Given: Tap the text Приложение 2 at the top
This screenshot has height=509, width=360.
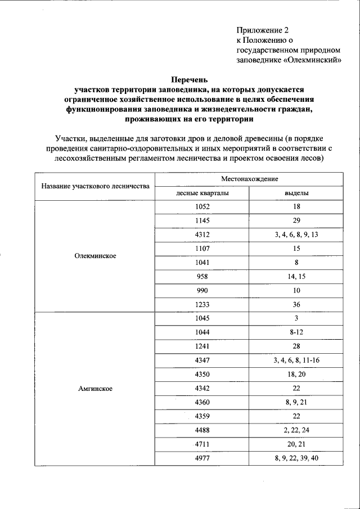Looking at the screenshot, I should (262, 30).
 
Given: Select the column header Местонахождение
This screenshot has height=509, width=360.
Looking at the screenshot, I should (249, 178).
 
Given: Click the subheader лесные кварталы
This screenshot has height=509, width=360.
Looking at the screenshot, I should (202, 193).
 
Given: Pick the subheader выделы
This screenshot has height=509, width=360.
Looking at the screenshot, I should (296, 193).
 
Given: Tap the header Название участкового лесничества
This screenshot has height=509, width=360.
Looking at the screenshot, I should (95, 186).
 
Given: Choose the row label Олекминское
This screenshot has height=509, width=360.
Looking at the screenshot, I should (95, 255).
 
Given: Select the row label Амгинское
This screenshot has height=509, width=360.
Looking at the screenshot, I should (95, 388).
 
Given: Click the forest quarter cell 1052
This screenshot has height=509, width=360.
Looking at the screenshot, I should (202, 207).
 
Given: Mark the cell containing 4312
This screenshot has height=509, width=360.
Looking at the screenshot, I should (202, 235).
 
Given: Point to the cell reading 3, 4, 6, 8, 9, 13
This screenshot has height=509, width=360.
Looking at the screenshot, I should (296, 235).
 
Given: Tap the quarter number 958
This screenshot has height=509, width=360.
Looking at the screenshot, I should (202, 276).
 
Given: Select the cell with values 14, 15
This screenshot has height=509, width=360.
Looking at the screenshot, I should (296, 276).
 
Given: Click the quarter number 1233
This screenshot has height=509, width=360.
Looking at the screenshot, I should (202, 304).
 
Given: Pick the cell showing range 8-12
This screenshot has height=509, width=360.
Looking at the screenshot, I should (296, 332).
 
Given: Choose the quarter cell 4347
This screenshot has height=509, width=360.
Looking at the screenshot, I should (202, 360).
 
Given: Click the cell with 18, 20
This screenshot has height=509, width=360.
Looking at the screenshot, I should (296, 374).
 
